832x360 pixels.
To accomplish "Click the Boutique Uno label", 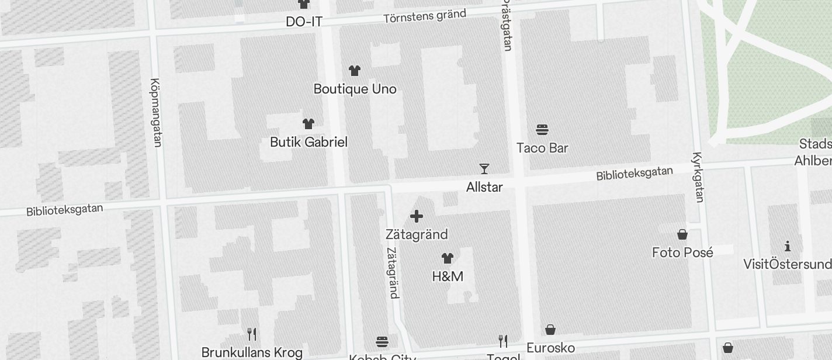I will click(355, 89).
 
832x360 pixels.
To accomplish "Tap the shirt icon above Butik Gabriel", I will click(308, 124).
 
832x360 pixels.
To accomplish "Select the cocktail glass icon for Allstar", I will click(484, 169).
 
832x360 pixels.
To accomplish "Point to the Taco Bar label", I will click(542, 148).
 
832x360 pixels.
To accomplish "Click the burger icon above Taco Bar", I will click(542, 130).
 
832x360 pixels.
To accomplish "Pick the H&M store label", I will click(448, 276).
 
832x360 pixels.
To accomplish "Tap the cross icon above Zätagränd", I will click(417, 217).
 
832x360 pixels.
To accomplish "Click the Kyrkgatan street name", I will click(698, 177).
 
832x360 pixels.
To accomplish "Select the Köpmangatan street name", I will click(156, 112).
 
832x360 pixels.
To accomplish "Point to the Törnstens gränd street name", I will click(425, 16).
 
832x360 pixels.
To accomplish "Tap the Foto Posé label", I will click(682, 252).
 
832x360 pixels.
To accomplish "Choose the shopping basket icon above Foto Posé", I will click(682, 235).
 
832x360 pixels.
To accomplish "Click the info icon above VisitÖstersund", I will click(788, 246).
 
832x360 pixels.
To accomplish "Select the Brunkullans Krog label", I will click(252, 352).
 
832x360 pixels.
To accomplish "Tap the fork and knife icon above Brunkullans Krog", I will click(252, 334).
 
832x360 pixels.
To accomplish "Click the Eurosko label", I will click(550, 348).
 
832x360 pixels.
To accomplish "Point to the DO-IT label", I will click(304, 22).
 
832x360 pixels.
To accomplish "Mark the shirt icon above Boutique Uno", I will click(355, 71).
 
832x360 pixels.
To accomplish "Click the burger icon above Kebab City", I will click(382, 341).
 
